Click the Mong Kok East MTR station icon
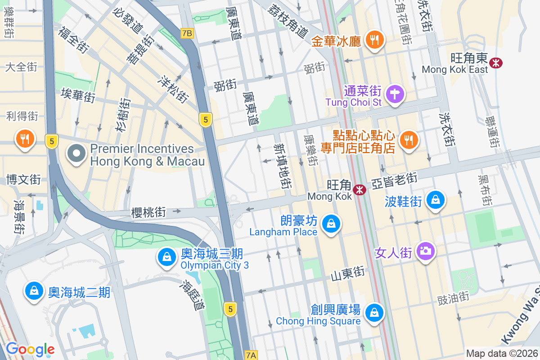coord(495,63)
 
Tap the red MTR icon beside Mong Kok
coord(360,190)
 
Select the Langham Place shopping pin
coord(331,224)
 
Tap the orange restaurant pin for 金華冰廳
coord(373,40)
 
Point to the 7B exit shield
coord(187,33)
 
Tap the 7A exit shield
coord(251,355)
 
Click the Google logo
coord(30,349)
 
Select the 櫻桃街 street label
coord(149,212)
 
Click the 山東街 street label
coord(347,273)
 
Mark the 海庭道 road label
coord(194,295)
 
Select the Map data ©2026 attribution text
coord(502,353)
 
